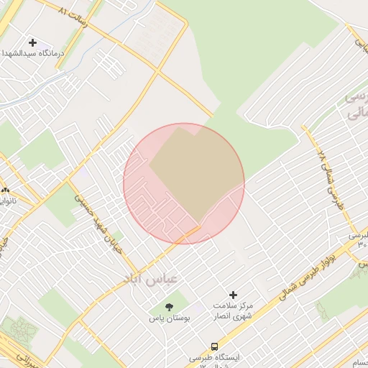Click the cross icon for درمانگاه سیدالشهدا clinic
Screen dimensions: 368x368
coord(32,42)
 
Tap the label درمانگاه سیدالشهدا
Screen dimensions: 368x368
coord(30,54)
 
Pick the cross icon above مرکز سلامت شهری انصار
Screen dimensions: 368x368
coord(233,295)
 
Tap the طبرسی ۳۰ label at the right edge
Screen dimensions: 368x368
coord(359,239)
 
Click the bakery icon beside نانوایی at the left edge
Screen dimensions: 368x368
coord(6,190)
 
